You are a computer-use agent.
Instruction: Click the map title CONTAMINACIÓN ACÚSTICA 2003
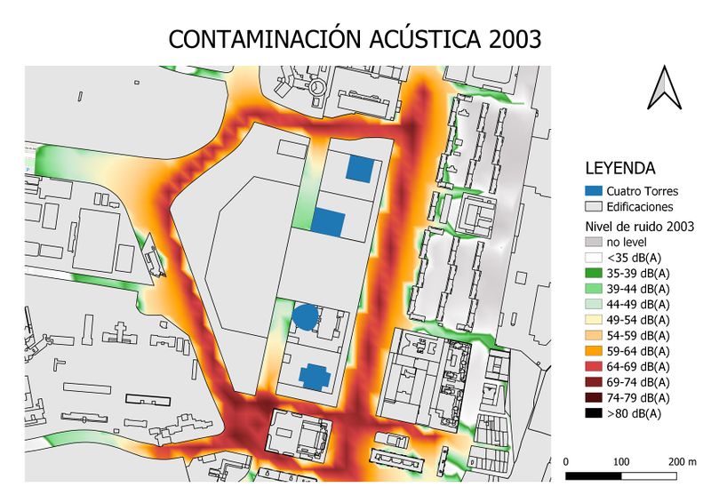click(x=355, y=39)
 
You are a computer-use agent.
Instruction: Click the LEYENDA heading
click(x=619, y=168)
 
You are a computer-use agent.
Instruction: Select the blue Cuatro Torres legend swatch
click(x=594, y=190)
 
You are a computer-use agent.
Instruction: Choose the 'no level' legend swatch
click(x=594, y=241)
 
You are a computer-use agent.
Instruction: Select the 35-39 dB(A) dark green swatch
click(x=594, y=273)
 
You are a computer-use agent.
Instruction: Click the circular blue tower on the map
click(x=306, y=316)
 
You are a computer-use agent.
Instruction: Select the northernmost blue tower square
click(x=360, y=168)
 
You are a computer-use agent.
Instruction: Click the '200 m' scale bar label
click(x=683, y=462)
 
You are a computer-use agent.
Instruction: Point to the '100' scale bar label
click(x=622, y=462)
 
